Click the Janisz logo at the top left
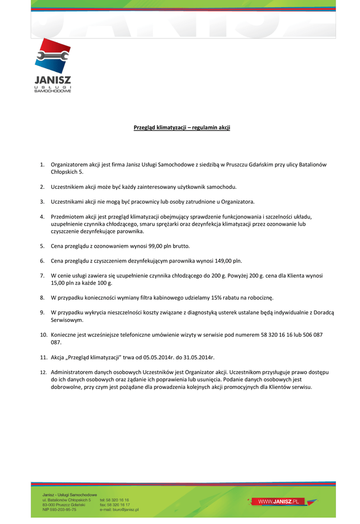pos(53,67)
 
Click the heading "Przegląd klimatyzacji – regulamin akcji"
pos(178,127)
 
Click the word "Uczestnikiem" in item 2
pos(68,187)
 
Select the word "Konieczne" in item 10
pos(65,335)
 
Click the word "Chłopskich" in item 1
pos(65,172)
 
